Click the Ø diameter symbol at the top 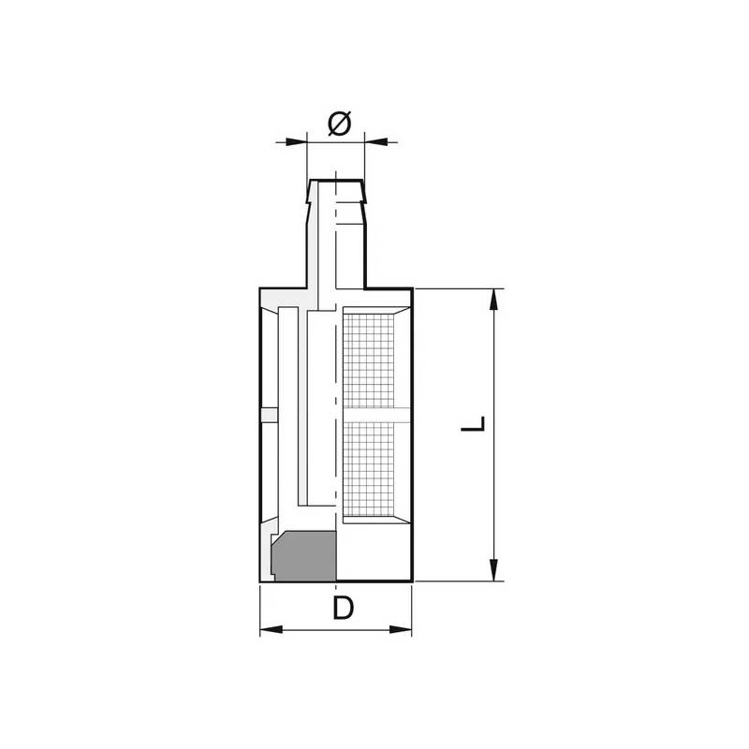coord(340,123)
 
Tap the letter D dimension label coord(343,609)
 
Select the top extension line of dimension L coord(459,288)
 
